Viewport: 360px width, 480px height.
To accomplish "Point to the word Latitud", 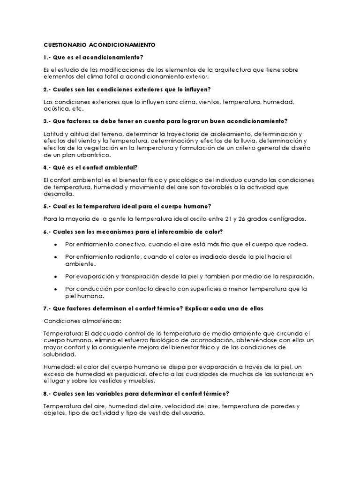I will pos(52,134).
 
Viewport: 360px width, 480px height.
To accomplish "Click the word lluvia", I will pos(246,141).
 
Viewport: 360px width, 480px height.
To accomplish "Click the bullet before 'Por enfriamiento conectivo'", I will pos(56,244).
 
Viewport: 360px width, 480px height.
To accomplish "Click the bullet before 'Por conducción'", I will pos(56,289).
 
